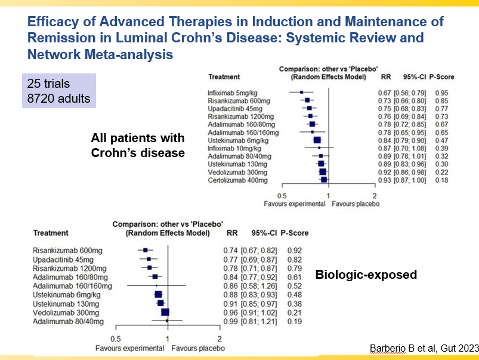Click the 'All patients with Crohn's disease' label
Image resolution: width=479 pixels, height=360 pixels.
138,145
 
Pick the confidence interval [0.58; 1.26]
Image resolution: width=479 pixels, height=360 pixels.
259,286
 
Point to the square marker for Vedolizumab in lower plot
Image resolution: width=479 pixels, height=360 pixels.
165,312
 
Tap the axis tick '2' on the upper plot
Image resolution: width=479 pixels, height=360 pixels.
375,196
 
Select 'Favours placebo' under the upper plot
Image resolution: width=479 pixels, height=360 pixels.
356,204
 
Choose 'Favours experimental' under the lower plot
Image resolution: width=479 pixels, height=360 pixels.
128,347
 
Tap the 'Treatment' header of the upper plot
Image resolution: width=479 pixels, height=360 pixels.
224,78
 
